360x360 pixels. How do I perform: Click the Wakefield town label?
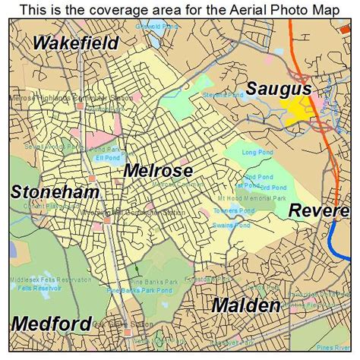coord(75,43)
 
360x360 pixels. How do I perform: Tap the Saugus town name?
coord(278,89)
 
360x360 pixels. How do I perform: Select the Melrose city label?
coord(158,170)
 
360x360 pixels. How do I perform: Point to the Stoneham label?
coord(55,192)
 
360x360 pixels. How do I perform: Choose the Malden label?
coord(245,305)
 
